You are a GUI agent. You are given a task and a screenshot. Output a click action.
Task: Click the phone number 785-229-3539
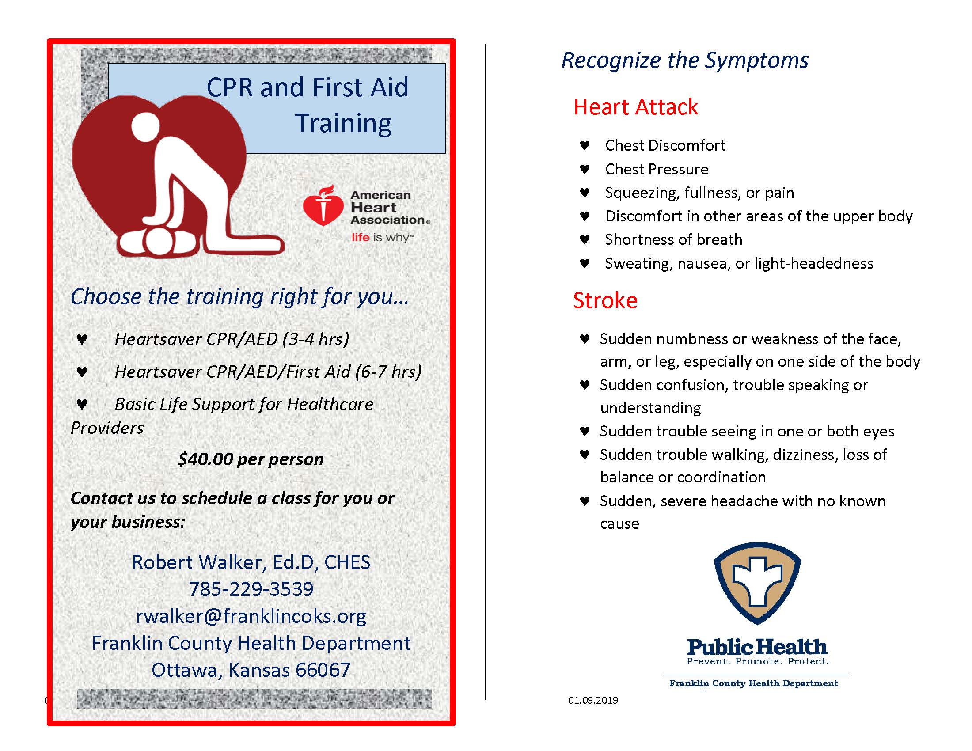tap(251, 589)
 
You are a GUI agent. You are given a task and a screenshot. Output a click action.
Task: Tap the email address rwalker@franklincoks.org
tap(251, 616)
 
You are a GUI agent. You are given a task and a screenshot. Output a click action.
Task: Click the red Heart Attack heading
tap(635, 107)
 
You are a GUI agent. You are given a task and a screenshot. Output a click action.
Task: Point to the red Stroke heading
tap(605, 300)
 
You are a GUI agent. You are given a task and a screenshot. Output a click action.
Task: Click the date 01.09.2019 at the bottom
tap(593, 700)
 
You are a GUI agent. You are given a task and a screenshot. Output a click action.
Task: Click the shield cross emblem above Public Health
tap(757, 583)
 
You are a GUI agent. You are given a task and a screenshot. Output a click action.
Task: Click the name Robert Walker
tap(198, 562)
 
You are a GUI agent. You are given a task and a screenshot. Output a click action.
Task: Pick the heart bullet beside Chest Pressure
tap(585, 169)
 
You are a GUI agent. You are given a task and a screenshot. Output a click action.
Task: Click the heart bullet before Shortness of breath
tap(585, 240)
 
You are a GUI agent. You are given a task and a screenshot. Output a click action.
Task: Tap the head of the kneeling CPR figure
tap(145, 126)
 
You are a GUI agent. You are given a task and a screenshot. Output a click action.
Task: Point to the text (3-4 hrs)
tap(315, 339)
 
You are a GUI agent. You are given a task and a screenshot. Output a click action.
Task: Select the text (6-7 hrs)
tap(388, 372)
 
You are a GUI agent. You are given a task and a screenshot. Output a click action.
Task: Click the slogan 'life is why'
tap(382, 238)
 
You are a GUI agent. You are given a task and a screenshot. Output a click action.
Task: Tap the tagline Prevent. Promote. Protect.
tap(757, 662)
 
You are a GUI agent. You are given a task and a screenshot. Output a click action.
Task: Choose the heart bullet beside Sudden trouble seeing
tap(585, 431)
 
